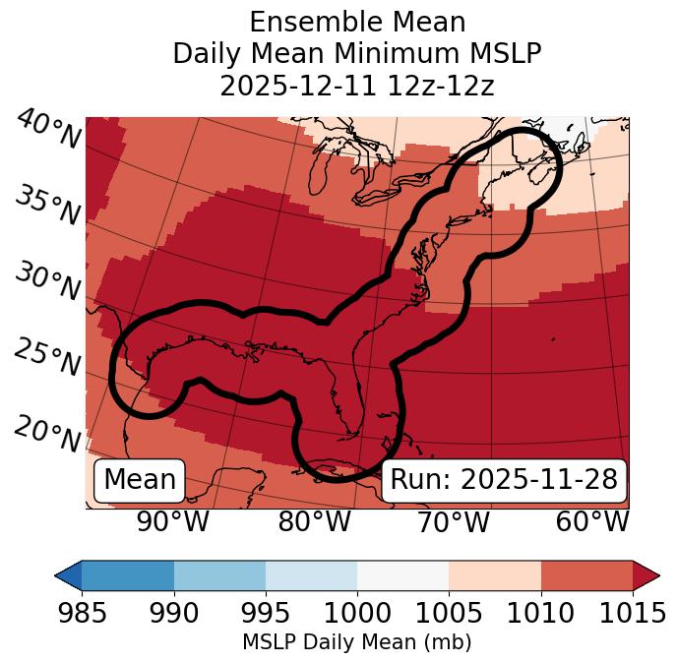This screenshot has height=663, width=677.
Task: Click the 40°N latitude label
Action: [48, 130]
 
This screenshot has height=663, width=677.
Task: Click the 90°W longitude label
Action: [173, 521]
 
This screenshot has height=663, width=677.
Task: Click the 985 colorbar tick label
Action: [83, 614]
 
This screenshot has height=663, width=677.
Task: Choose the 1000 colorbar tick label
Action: [357, 614]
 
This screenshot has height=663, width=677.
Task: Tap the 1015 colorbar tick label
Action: [632, 614]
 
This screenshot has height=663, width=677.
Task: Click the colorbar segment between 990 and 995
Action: [219, 574]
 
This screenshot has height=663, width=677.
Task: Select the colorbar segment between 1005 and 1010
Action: [494, 574]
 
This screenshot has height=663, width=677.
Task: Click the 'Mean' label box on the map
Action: [140, 480]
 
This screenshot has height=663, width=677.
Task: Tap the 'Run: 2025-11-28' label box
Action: [504, 480]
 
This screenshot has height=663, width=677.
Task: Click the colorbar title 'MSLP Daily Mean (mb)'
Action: [357, 643]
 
